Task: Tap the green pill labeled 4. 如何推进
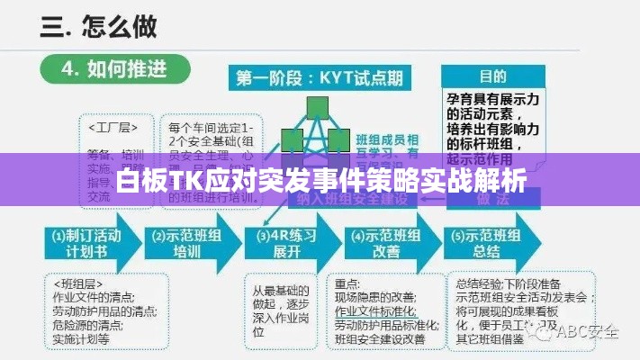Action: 114,69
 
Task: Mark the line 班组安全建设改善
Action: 380,339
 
